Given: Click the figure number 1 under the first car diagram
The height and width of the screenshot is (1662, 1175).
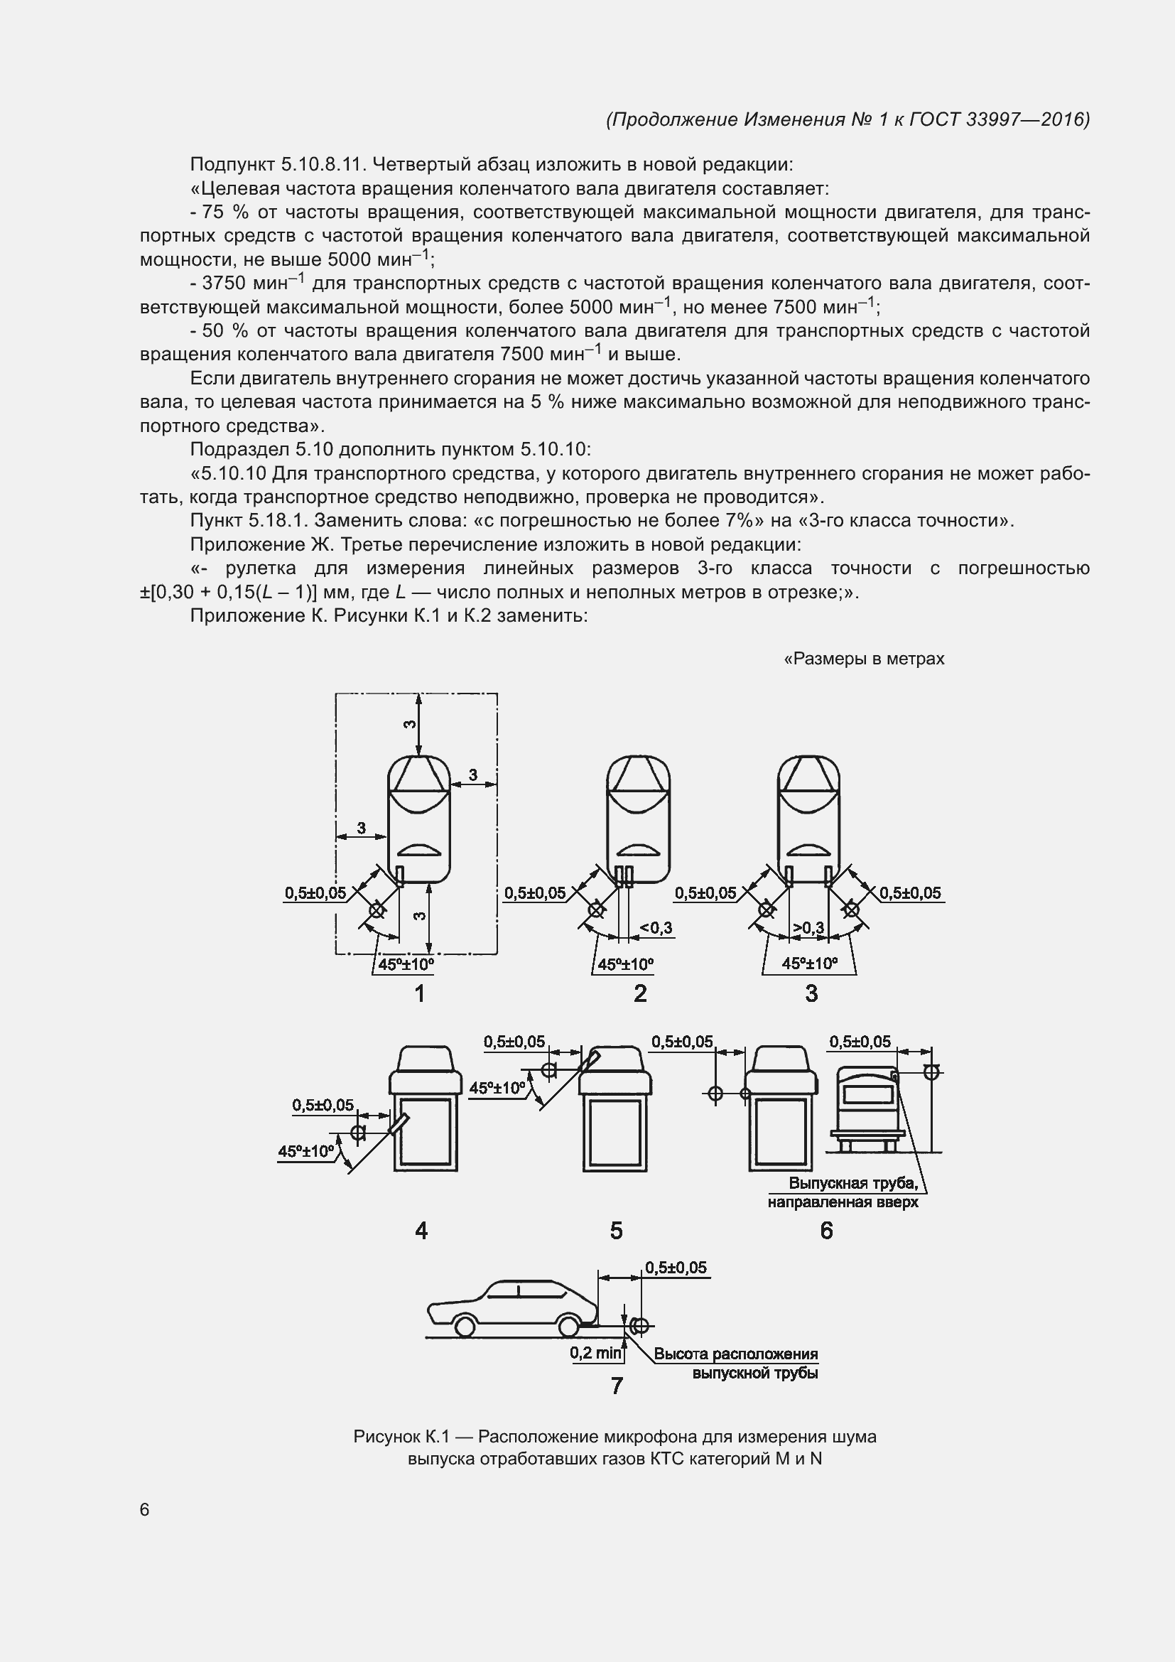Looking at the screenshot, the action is coord(420,994).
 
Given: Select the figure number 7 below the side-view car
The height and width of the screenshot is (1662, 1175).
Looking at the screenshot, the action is coord(617,1386).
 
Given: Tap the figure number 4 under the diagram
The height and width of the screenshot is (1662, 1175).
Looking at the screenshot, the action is coord(421,1231).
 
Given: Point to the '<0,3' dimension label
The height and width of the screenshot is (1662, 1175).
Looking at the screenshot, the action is coord(656,928).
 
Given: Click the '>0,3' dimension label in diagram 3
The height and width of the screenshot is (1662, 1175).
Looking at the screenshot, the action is coord(808,928).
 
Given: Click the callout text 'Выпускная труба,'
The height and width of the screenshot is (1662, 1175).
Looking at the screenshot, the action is coord(853,1184).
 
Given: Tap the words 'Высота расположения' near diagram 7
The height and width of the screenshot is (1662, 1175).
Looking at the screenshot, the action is coord(736,1354).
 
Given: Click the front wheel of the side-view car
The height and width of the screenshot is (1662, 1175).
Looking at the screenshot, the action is coord(465,1327).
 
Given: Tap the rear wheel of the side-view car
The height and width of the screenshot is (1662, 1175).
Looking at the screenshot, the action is coord(568,1327).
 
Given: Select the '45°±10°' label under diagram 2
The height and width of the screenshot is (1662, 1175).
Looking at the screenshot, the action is coord(625,964).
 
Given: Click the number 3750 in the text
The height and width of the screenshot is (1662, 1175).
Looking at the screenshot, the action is coord(227,284).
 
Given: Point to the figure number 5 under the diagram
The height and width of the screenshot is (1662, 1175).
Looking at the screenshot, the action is coord(617,1231).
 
